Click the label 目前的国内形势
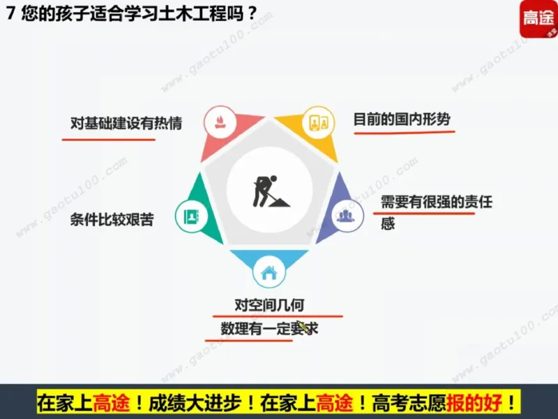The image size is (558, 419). pos(402,119)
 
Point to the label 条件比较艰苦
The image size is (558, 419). pos(112,220)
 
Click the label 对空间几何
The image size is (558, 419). pos(269,306)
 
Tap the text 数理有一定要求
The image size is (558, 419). pos(269,328)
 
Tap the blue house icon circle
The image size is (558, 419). pos(269,272)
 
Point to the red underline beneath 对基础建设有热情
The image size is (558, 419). pos(108,138)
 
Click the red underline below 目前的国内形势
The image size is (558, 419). pos(400,132)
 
